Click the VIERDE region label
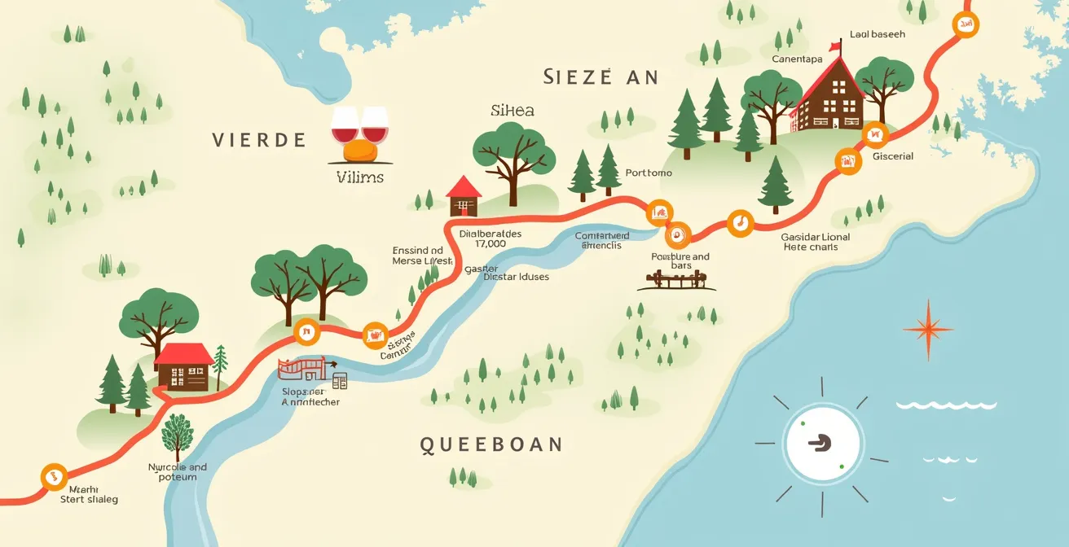(259, 140)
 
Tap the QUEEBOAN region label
(491, 444)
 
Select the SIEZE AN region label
(600, 77)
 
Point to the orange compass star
(927, 329)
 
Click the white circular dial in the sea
(821, 443)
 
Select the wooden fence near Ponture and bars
(681, 281)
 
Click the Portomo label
(649, 173)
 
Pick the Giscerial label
(893, 156)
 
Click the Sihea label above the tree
(513, 111)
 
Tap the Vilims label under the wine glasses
(359, 177)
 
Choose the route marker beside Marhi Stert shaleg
(53, 476)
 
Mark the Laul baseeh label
(877, 35)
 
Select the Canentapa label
(797, 59)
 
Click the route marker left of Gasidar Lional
(740, 222)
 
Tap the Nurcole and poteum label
(178, 472)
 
